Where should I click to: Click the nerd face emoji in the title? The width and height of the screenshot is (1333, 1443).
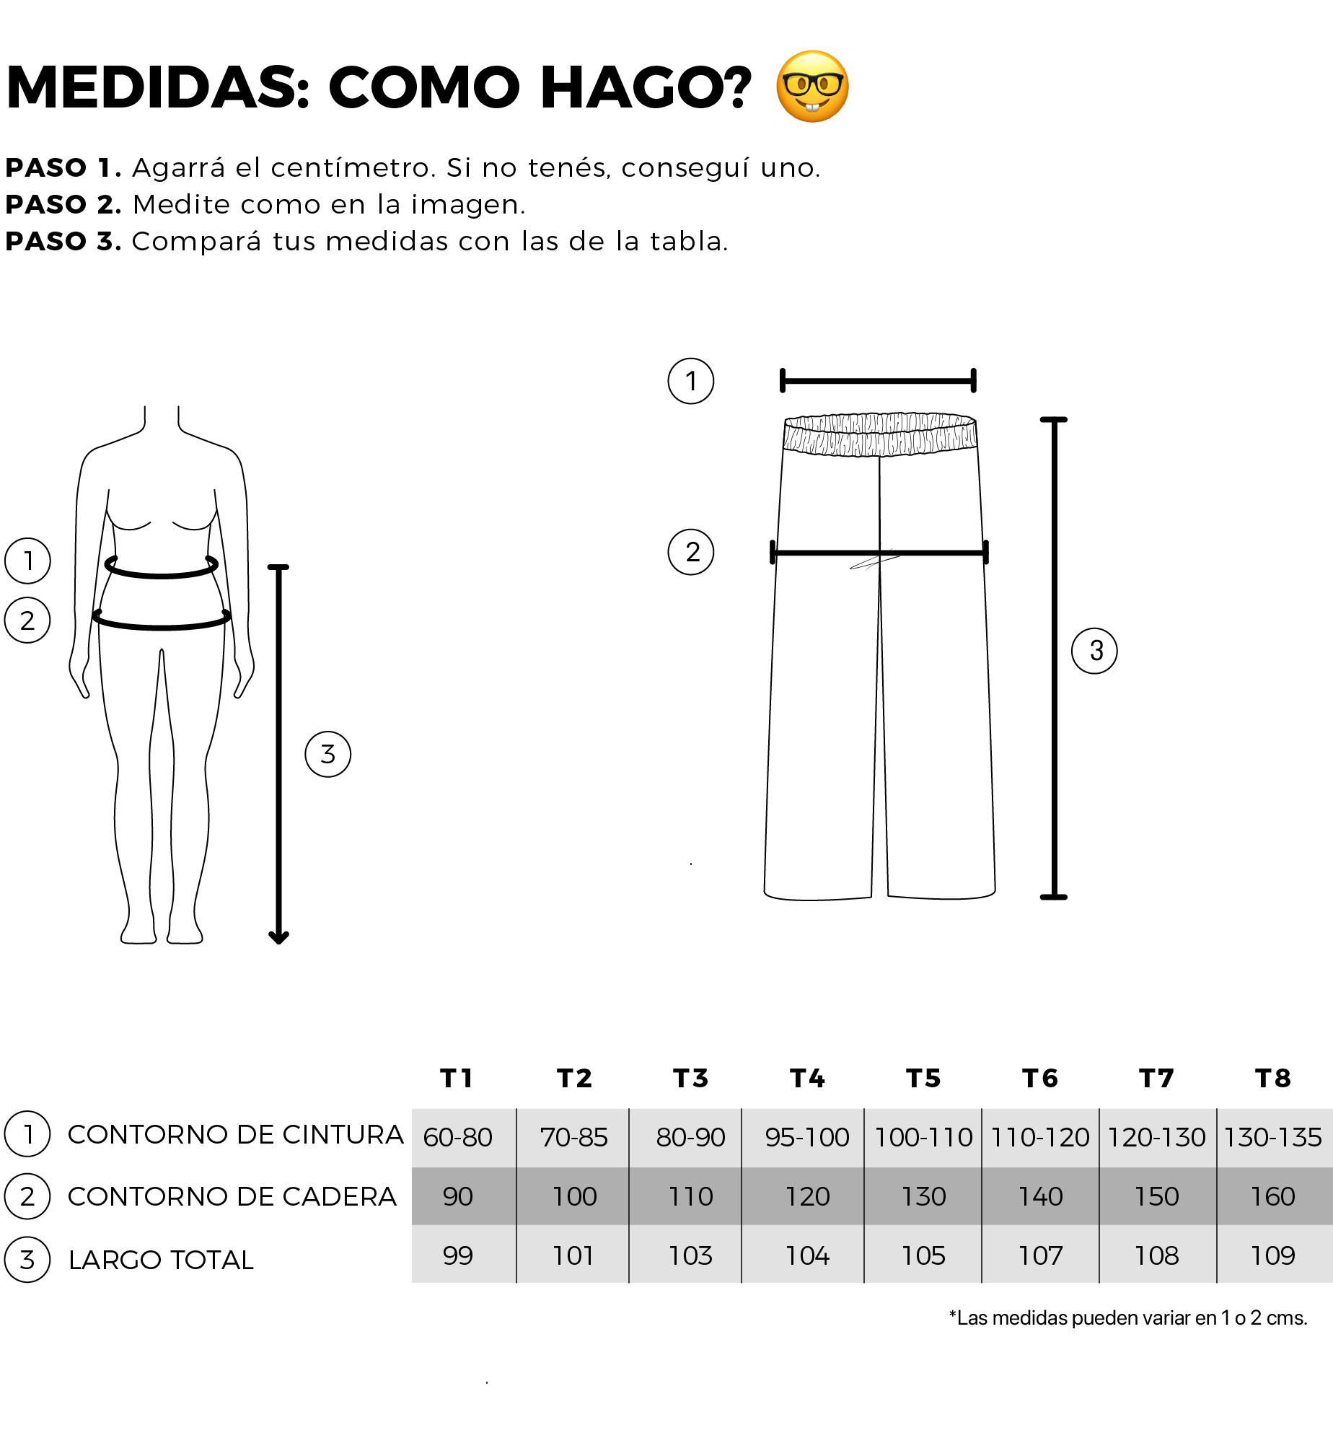pos(812,87)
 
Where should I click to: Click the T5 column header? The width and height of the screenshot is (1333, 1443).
pos(923,1078)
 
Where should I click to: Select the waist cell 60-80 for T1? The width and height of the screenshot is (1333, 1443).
pos(458,1137)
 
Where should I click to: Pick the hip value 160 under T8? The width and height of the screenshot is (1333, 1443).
pos(1272,1196)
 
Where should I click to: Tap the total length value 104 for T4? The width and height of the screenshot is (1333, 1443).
pos(807,1255)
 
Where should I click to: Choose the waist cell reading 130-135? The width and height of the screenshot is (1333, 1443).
pos(1273,1137)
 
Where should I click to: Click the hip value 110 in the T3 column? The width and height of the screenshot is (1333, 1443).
pos(691,1196)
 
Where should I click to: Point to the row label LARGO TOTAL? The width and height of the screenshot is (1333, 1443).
pos(161,1260)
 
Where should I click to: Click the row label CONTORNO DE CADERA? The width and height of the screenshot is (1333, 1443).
pos(232,1196)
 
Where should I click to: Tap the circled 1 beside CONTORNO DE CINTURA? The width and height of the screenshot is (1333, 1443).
pos(27,1134)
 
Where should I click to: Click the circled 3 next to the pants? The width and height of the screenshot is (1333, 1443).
pos(1094,651)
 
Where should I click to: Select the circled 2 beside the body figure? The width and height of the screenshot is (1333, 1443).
pos(27,620)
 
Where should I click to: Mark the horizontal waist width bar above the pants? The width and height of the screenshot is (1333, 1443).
pos(878,380)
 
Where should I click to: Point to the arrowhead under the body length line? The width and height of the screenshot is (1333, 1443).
pos(278,938)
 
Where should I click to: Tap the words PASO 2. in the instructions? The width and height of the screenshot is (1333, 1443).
pos(63,204)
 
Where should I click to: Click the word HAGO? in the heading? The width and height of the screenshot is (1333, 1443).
pos(646,87)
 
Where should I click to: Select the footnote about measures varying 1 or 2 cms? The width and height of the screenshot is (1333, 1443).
pos(1128,1318)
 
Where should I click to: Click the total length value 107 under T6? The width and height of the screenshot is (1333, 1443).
pos(1040,1255)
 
